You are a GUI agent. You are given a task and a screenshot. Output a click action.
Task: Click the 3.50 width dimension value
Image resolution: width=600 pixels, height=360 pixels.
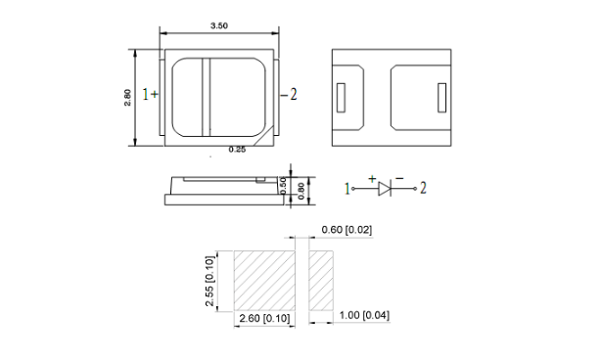[x=219, y=25]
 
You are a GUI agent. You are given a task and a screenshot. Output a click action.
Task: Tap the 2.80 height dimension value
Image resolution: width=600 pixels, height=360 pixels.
[x=128, y=98]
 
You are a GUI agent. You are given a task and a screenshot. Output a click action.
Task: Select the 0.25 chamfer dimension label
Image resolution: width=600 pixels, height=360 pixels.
[x=237, y=150]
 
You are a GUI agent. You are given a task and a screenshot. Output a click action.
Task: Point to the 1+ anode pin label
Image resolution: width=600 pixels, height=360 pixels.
[x=150, y=94]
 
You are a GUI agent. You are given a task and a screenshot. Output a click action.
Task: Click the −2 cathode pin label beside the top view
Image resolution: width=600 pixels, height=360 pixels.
[x=289, y=94]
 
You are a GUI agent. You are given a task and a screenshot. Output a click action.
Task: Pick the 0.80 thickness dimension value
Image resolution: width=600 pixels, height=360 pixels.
[x=301, y=191]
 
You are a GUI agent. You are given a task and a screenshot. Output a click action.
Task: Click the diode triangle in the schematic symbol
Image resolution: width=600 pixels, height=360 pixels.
[x=384, y=189]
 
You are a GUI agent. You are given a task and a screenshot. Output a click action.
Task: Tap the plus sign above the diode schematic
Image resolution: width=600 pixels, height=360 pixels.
[x=372, y=179]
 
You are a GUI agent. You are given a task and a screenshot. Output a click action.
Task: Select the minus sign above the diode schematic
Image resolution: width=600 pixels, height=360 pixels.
[x=399, y=178]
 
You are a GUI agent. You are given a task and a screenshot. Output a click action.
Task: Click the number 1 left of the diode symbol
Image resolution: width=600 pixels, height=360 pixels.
[x=347, y=189]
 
